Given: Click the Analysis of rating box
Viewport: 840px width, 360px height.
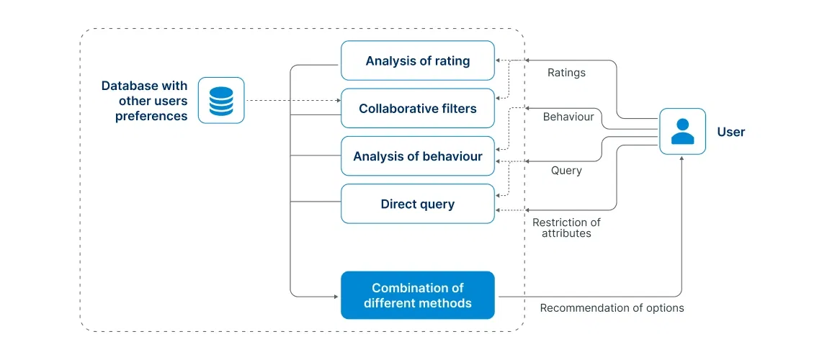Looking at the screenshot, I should (417, 60).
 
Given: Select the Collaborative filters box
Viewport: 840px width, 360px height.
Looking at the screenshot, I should (417, 109).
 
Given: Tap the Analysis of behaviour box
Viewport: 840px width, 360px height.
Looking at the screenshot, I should (417, 156).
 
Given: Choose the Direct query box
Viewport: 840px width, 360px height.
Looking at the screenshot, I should (417, 204).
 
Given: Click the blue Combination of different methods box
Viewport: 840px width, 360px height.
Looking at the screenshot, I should (417, 295).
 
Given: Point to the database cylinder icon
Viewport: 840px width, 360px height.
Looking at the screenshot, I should (221, 101).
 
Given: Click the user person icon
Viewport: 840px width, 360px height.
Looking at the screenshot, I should (682, 132).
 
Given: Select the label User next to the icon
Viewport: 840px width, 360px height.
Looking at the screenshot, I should (730, 132).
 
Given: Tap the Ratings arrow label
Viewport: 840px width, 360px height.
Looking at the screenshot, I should (566, 73).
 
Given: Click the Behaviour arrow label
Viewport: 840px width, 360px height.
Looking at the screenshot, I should (568, 116).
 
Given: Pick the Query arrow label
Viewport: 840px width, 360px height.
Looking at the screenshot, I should (566, 171).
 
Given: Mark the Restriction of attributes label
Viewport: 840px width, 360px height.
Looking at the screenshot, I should (566, 228).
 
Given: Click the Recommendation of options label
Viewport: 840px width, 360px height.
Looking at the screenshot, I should (612, 308).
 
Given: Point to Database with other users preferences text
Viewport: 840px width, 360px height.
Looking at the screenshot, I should (145, 101).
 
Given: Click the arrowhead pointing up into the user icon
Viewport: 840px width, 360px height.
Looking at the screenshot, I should (682, 159).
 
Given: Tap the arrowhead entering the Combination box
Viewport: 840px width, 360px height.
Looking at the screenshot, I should (336, 295).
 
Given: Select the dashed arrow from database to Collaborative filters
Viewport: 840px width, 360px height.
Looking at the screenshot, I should (292, 101).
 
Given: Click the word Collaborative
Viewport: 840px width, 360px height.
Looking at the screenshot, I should (394, 109).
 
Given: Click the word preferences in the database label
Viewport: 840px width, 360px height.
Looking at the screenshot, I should (151, 116).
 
